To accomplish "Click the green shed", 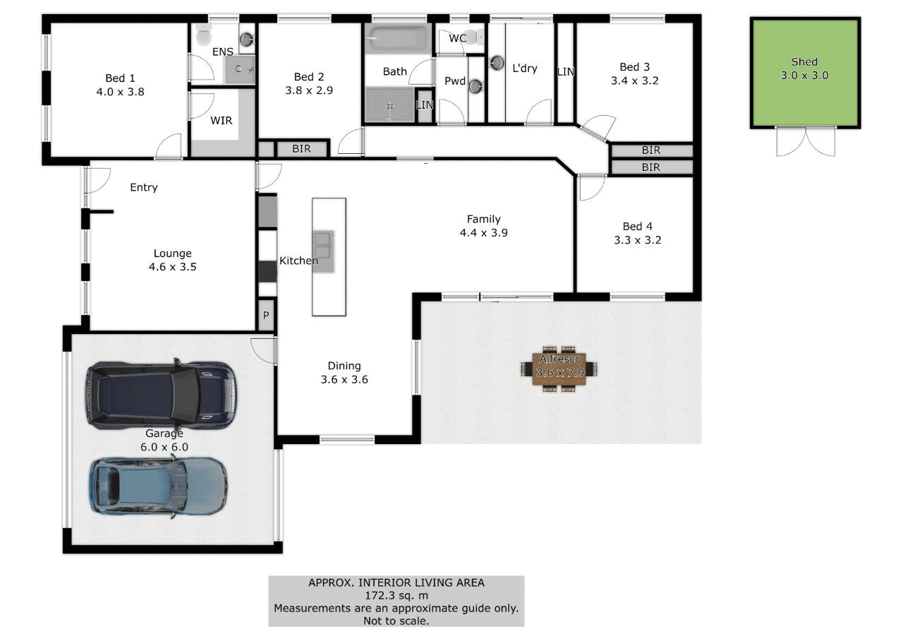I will [x=805, y=73].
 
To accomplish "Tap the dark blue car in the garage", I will [x=161, y=395].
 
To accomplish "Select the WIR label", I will [x=222, y=121].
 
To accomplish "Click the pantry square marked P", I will [x=266, y=316].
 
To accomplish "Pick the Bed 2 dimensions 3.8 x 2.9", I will [x=309, y=90].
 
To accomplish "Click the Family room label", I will [x=483, y=219].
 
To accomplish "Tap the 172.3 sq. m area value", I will [x=396, y=595].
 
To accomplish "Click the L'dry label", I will [x=525, y=68].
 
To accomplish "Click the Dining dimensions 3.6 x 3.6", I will [x=344, y=379].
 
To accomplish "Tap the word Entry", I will [x=144, y=187].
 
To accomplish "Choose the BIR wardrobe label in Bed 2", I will [x=302, y=149].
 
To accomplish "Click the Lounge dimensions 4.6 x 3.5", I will [x=172, y=267].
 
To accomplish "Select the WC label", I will [x=457, y=38].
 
